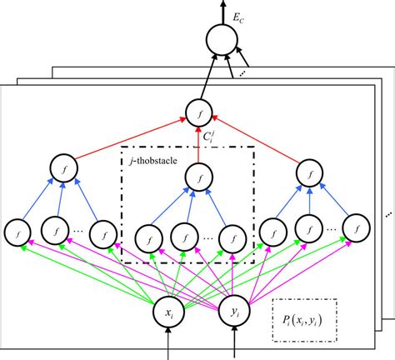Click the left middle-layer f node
(61, 167)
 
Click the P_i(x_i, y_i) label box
(304, 321)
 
